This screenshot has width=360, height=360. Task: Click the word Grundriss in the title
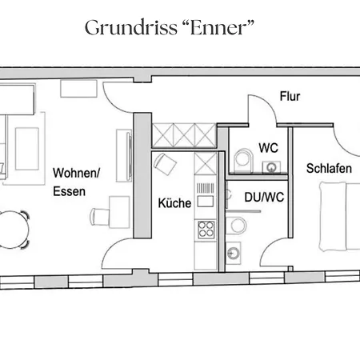[x=131, y=28]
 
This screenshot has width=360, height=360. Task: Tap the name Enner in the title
[x=218, y=27]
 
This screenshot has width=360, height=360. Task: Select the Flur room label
[x=290, y=96]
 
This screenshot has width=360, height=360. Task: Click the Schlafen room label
[x=329, y=168]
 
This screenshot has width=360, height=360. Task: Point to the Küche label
[x=174, y=203]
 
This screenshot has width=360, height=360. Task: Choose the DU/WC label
[x=264, y=198]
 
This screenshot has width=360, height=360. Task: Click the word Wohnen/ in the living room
[x=76, y=173]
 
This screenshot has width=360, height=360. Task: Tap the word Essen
[x=69, y=191]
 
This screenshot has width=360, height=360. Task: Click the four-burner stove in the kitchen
[x=206, y=230]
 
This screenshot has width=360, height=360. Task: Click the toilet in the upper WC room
[x=243, y=161]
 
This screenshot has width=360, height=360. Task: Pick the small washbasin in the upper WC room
[x=271, y=167]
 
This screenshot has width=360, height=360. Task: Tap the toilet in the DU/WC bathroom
[x=236, y=226]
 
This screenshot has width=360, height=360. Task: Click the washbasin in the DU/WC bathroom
[x=234, y=252]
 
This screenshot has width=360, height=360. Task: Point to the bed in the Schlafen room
[x=340, y=217]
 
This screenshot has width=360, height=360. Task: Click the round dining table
[x=12, y=230]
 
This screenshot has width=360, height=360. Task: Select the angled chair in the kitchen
[x=165, y=164]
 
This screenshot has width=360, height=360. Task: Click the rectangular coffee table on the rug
[x=27, y=149]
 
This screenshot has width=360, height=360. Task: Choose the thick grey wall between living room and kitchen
[x=142, y=175]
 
